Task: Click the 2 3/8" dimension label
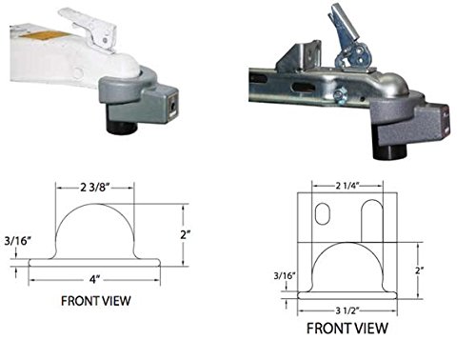(x=94, y=188)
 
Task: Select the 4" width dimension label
(x=94, y=280)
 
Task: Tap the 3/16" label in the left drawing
(x=18, y=241)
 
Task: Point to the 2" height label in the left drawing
(x=186, y=235)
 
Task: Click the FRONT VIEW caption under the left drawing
(x=96, y=301)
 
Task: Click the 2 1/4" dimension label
(x=347, y=186)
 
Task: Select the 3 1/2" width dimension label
(x=347, y=310)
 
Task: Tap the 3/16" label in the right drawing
(x=285, y=275)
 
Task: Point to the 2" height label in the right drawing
(x=420, y=270)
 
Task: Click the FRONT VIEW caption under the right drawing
(x=347, y=329)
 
